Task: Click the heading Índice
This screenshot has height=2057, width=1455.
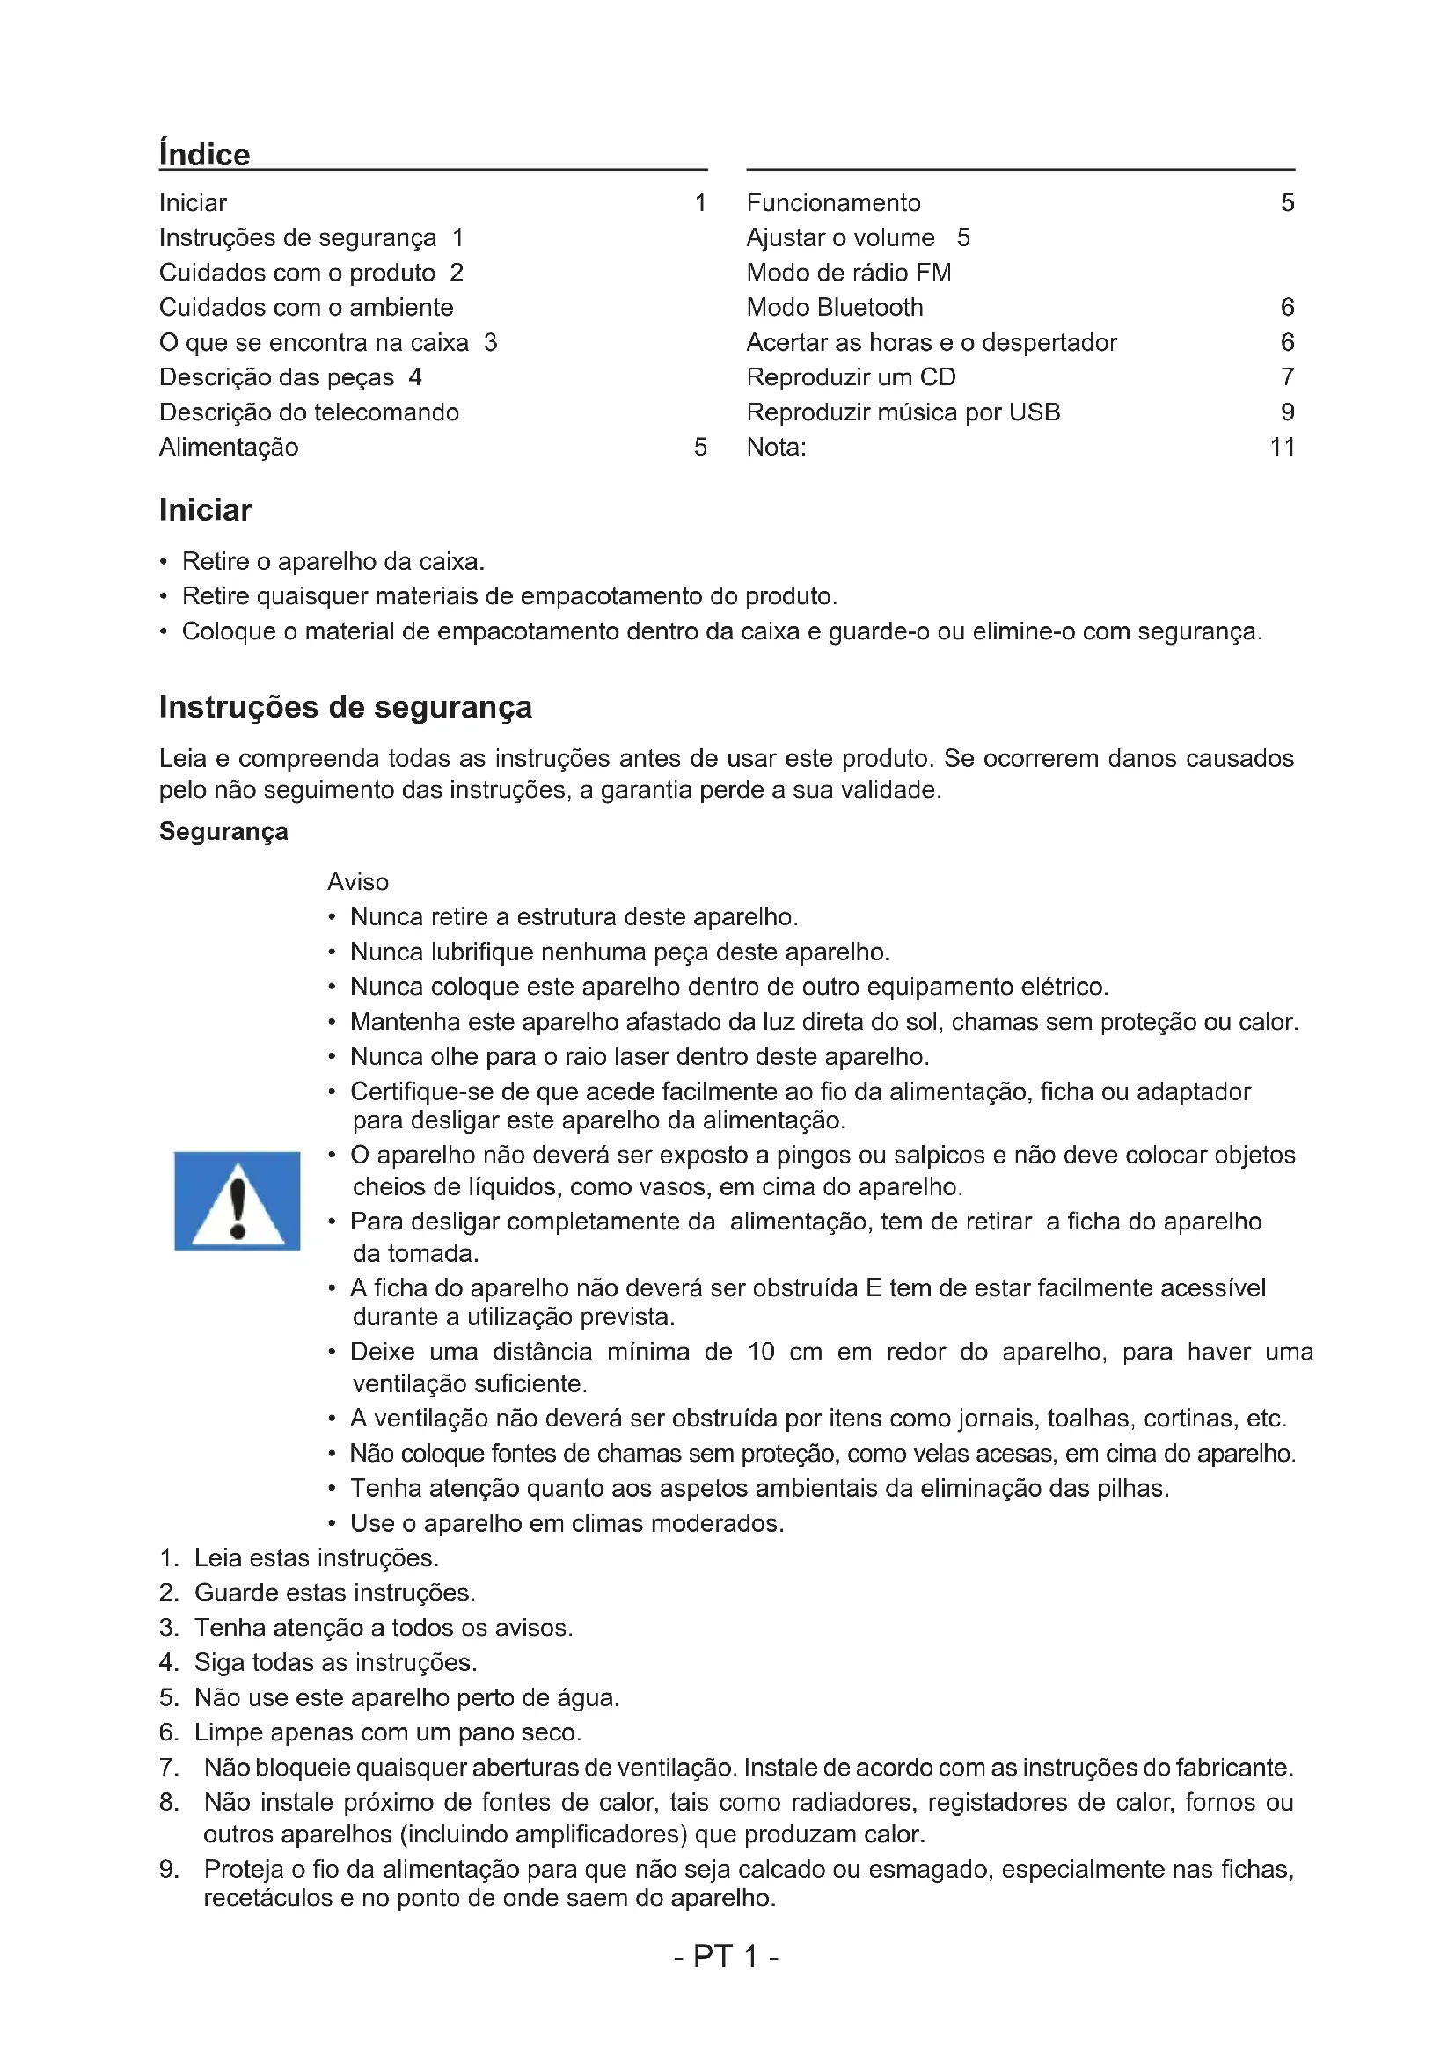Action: (x=204, y=154)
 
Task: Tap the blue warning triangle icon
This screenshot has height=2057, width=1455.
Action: (x=238, y=1200)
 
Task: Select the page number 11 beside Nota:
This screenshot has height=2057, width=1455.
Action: (x=1282, y=447)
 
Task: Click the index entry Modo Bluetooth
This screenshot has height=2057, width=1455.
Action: (x=834, y=307)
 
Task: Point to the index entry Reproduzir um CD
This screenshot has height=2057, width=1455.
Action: (x=851, y=377)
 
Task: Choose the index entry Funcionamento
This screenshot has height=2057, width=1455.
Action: (x=833, y=202)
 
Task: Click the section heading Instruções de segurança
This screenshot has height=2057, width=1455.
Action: (x=345, y=707)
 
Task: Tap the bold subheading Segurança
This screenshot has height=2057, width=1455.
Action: (x=223, y=831)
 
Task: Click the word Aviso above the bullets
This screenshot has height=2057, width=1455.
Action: (x=357, y=881)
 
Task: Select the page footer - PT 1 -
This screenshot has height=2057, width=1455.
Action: (x=726, y=1956)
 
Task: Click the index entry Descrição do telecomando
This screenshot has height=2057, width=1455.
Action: (x=309, y=412)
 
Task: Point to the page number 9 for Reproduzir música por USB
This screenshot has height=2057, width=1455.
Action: (x=1288, y=412)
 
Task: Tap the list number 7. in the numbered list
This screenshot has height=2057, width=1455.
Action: (x=168, y=1767)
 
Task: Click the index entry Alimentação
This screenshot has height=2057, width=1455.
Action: (x=229, y=447)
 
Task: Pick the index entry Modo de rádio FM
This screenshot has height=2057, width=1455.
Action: (x=848, y=273)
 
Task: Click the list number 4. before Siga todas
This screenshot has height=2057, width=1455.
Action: (x=168, y=1662)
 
